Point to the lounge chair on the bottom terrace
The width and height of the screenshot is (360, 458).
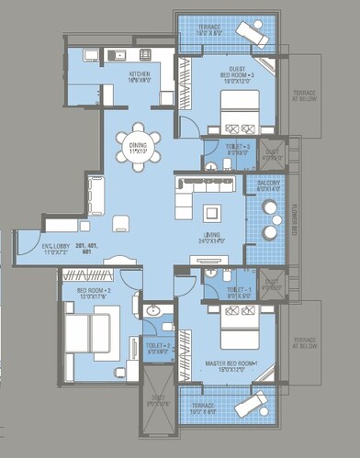tap(251, 403)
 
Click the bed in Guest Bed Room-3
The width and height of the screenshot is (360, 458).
tap(242, 107)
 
